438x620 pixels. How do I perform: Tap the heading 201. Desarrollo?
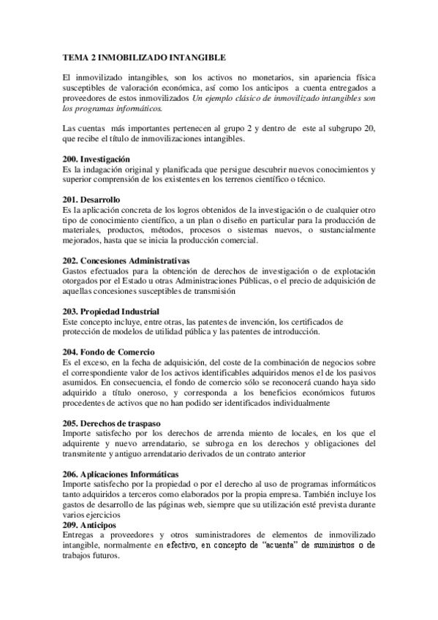[91, 200]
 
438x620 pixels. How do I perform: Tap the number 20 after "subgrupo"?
[369, 129]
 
